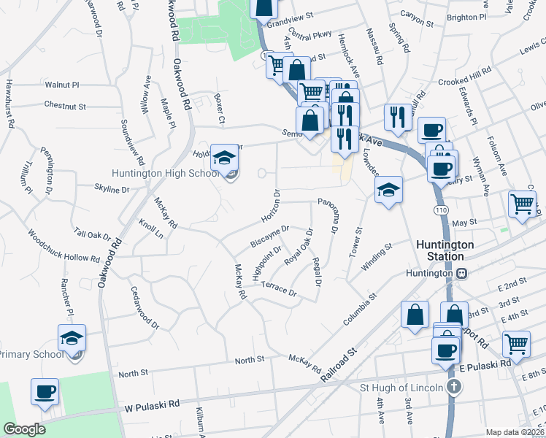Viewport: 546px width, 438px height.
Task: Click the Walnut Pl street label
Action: click(x=61, y=85)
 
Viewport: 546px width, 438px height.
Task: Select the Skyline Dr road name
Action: click(x=112, y=189)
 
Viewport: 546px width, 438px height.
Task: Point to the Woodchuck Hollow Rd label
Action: click(x=64, y=247)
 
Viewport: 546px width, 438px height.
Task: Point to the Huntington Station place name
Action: click(x=445, y=250)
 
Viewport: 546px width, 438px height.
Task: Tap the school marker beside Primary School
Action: click(x=72, y=339)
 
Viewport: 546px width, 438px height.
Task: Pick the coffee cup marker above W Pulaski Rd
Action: click(x=45, y=391)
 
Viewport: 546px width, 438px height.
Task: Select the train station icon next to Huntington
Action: click(x=462, y=273)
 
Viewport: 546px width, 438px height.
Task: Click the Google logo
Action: click(x=24, y=429)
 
